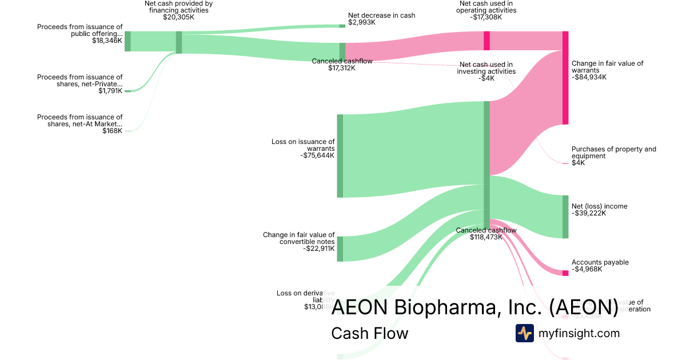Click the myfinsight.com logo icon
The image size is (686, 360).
click(524, 333)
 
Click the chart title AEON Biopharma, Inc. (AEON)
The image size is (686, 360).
click(474, 307)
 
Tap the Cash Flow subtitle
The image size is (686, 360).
click(369, 333)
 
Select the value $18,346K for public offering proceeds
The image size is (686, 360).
click(107, 41)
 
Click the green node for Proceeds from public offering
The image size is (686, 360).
click(127, 41)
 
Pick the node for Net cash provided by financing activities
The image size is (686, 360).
click(179, 42)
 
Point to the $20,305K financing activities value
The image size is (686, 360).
click(178, 18)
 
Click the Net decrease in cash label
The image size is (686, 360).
click(381, 15)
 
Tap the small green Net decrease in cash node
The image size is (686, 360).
click(342, 26)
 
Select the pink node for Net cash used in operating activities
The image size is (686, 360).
click(486, 41)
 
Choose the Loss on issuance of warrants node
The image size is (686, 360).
click(340, 156)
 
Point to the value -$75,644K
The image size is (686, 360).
click(317, 155)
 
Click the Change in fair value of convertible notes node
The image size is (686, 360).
click(340, 249)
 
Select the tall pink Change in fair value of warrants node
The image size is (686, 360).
click(565, 78)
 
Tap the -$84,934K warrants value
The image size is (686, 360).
click(589, 77)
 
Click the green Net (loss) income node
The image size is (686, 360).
click(565, 217)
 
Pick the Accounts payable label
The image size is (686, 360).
click(600, 262)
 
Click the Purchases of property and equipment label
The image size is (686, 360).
click(613, 153)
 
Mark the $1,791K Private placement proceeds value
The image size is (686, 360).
click(110, 91)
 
